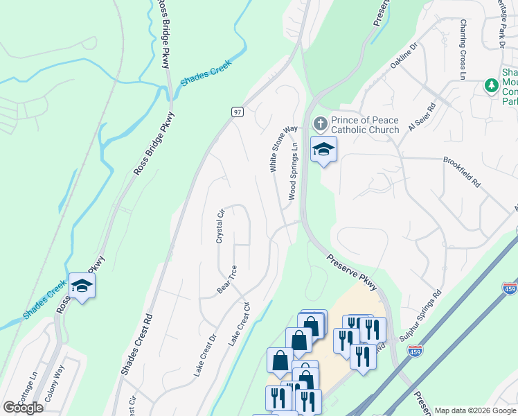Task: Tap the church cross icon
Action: [320, 124]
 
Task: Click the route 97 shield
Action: [238, 112]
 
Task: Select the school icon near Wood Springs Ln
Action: [323, 149]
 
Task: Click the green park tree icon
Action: [492, 85]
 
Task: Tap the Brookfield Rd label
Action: [461, 172]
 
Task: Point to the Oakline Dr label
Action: [404, 55]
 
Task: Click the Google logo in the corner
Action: [23, 407]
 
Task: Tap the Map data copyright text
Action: [474, 410]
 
